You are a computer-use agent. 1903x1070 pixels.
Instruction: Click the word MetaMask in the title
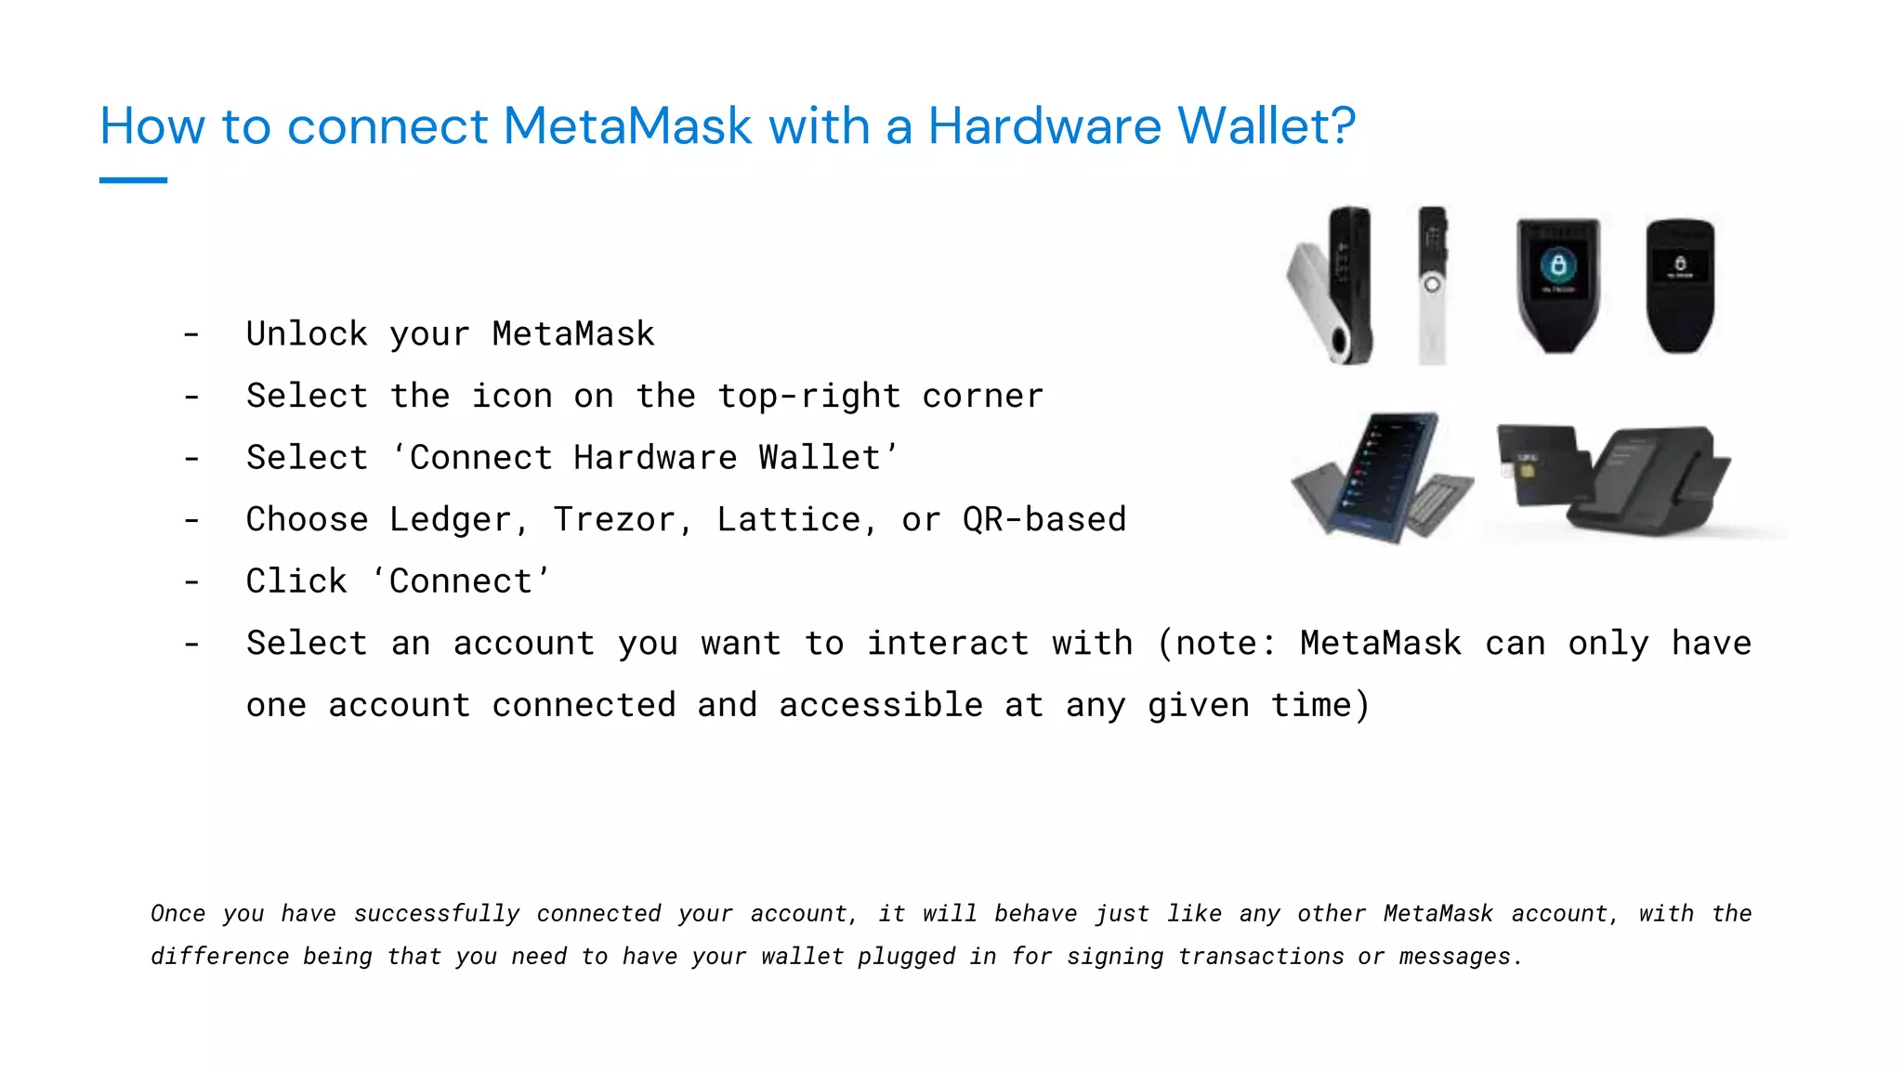point(627,126)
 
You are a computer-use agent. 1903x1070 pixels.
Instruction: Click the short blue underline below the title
point(133,180)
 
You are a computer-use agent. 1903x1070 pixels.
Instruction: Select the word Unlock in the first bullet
point(307,334)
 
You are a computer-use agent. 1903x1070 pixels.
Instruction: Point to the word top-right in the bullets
point(808,397)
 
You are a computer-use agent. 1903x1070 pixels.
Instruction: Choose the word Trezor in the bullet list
point(615,520)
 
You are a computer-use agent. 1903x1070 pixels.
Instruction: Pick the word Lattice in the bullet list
point(789,520)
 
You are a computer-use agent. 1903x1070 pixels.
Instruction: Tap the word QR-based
point(1044,520)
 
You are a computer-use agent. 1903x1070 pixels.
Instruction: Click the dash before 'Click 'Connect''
point(191,582)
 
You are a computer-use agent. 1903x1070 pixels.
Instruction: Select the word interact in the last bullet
point(948,644)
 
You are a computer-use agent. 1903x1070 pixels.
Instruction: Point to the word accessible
point(881,706)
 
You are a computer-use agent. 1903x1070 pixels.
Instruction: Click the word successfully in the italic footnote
point(437,914)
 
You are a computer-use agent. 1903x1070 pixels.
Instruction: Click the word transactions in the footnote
point(1261,957)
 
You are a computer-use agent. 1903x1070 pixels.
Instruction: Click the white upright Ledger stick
point(1432,286)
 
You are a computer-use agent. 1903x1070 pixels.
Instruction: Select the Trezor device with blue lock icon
point(1558,284)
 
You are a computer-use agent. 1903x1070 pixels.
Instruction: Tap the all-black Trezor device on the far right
point(1680,284)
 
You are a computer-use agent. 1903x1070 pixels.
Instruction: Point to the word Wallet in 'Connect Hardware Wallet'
point(820,458)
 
